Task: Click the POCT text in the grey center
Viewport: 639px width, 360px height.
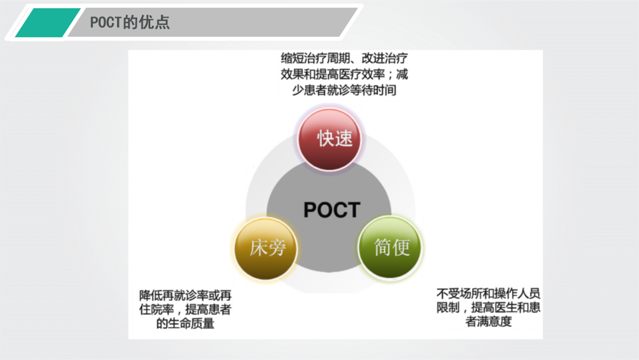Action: tap(331, 210)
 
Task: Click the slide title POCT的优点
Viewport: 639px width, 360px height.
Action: tap(130, 22)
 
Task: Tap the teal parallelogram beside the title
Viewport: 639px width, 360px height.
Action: tap(47, 23)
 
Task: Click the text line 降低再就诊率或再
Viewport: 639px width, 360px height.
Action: tap(185, 294)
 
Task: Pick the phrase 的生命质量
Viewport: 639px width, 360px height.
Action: tap(185, 324)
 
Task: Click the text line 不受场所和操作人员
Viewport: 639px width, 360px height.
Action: tap(488, 293)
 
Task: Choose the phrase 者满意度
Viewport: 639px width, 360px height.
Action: tap(488, 323)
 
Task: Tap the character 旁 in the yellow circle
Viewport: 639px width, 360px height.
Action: tap(276, 247)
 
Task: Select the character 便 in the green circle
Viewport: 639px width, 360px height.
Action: tap(401, 247)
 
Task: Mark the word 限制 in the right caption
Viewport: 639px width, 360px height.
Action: tap(447, 308)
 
